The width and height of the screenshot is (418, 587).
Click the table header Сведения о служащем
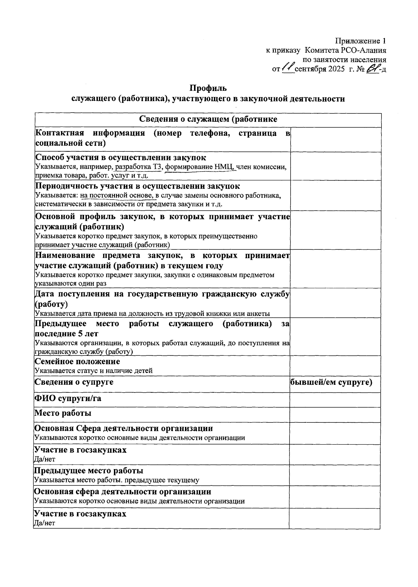(208, 119)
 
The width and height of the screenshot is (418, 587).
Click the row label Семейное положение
(77, 361)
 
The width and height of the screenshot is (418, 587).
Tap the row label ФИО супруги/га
(68, 398)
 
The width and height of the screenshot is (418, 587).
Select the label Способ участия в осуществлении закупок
(121, 158)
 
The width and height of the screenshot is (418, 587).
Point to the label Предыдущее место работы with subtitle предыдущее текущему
(88, 471)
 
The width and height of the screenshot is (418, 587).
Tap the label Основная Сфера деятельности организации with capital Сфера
(123, 428)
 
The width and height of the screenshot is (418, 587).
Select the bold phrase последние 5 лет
(67, 334)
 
